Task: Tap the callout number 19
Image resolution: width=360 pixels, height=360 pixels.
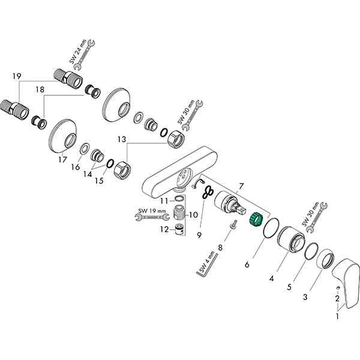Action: [16, 76]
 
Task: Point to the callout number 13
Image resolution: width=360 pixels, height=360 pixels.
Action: [122, 139]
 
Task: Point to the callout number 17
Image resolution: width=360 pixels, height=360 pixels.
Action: [62, 160]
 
